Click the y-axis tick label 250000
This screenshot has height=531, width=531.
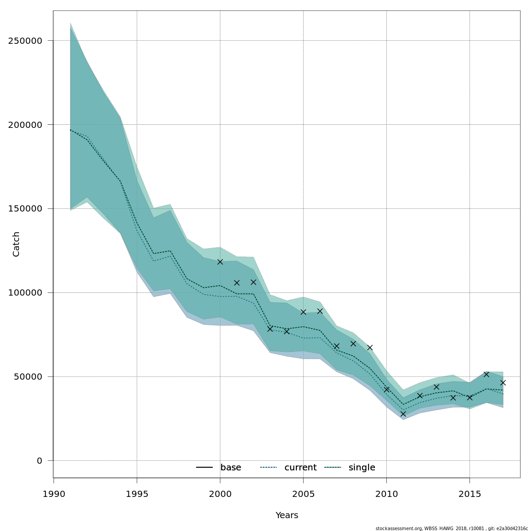click(x=25, y=41)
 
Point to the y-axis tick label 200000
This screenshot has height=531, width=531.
click(x=25, y=125)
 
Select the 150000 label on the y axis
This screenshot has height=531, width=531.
click(x=25, y=209)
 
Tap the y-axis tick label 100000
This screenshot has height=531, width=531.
click(x=25, y=293)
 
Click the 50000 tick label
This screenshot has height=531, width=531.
click(x=28, y=377)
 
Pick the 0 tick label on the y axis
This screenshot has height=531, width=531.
click(x=39, y=461)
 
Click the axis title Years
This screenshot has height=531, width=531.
click(x=287, y=516)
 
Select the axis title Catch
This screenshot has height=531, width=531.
click(x=16, y=244)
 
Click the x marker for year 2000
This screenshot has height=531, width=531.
click(x=220, y=262)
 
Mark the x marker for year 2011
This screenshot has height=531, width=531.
click(x=403, y=414)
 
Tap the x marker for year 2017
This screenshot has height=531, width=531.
click(x=503, y=383)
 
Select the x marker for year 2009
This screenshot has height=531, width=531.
click(x=370, y=347)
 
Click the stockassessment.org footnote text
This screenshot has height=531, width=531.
click(x=451, y=528)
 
